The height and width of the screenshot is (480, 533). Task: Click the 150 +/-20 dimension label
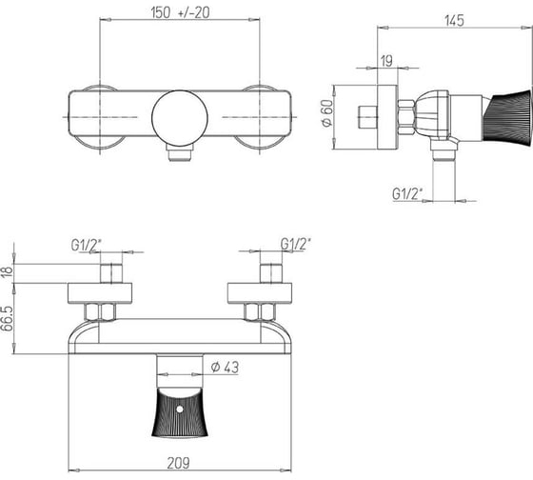[180, 13]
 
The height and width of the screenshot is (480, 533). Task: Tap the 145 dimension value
[454, 20]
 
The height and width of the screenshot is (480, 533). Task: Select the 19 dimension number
[386, 61]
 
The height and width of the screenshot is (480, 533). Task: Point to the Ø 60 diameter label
[327, 113]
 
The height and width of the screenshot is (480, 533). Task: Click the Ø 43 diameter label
[225, 367]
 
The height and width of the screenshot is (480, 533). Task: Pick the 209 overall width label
[179, 463]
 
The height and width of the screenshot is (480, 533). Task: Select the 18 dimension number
[8, 273]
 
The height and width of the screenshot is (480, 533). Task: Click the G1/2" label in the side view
[407, 194]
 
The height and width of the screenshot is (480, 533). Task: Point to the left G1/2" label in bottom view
[87, 245]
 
